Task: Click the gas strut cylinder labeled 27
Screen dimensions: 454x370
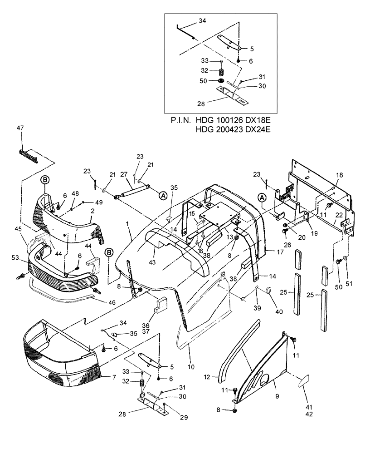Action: [131, 193]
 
